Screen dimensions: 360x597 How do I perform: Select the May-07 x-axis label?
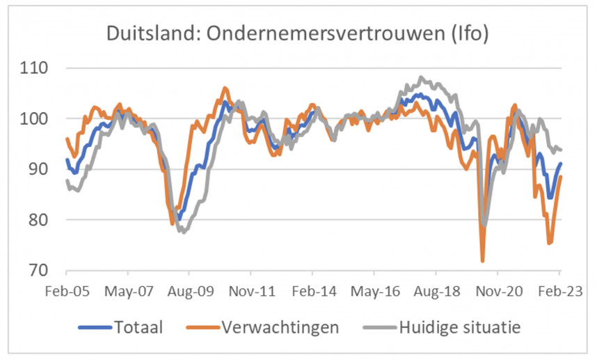coord(128,292)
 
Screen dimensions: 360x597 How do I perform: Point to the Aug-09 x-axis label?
coord(190,292)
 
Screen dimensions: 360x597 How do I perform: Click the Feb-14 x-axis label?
coord(313,292)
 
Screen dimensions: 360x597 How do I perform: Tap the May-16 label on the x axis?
coord(375,292)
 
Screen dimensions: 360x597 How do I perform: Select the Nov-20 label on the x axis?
coord(499,292)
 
